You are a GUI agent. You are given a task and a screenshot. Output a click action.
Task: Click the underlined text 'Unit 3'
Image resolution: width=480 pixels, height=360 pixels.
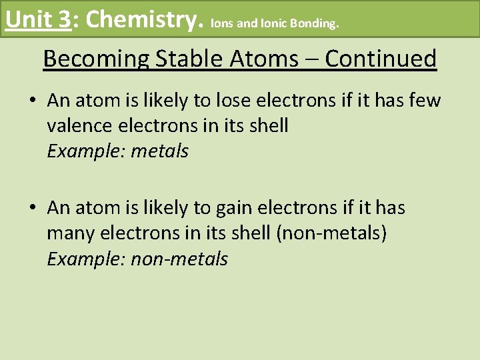pos(37,19)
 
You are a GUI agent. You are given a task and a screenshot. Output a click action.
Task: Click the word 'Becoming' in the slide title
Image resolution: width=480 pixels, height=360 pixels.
pos(96,59)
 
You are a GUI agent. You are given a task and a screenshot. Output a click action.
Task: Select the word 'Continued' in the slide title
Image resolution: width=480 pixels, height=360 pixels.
pos(381,59)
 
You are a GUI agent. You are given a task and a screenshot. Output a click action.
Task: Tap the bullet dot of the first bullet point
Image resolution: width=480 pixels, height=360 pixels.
pos(32,101)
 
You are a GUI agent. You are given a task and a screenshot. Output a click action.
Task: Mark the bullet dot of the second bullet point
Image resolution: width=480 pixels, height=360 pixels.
pos(32,209)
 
